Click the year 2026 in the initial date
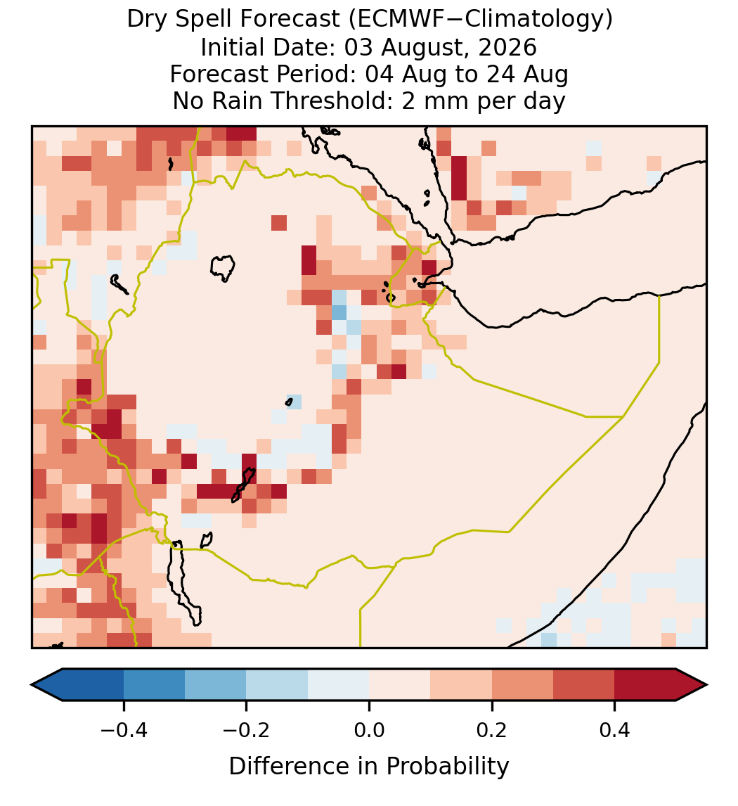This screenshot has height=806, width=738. (x=507, y=47)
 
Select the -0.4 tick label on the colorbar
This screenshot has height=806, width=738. (x=124, y=729)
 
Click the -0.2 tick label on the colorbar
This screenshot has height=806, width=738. (x=247, y=729)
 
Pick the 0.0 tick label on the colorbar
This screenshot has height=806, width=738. (x=369, y=729)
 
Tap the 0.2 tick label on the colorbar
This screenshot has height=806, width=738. (x=492, y=729)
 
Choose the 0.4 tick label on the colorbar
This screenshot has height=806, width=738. (x=615, y=729)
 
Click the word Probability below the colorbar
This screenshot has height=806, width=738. (x=447, y=767)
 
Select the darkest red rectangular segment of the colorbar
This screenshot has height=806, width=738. (x=645, y=685)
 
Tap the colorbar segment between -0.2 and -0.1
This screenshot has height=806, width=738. (x=278, y=685)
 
